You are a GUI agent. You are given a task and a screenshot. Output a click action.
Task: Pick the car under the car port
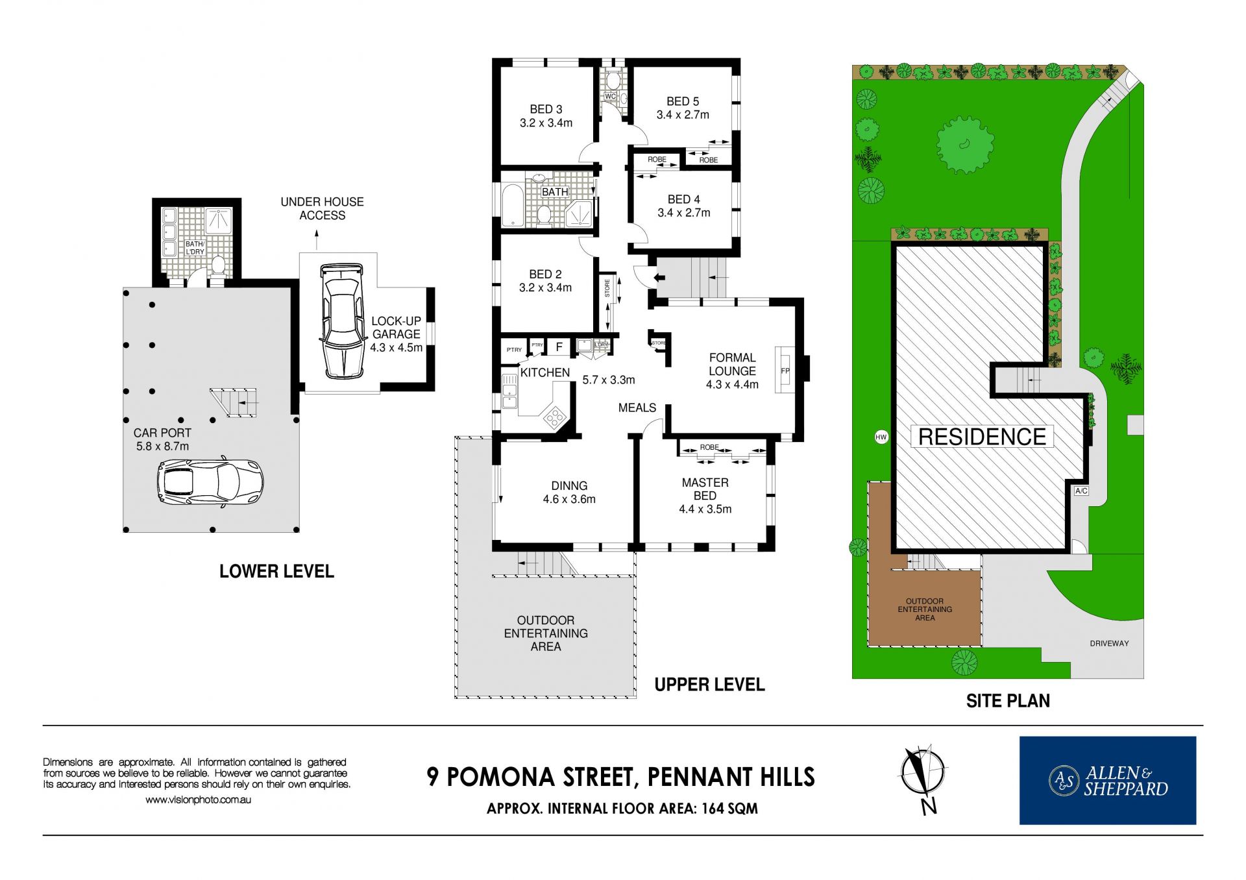[x=210, y=482]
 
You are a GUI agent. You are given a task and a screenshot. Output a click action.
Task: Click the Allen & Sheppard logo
[x=1107, y=780]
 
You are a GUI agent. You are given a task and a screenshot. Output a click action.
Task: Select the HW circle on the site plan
[x=881, y=437]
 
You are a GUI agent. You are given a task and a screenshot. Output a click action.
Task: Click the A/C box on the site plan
[x=1081, y=491]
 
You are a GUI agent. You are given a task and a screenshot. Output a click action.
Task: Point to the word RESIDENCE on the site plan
[x=982, y=437]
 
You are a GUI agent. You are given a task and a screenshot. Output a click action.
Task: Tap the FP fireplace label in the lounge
[x=785, y=371]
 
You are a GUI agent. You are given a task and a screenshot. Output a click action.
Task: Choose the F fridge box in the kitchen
[x=559, y=347]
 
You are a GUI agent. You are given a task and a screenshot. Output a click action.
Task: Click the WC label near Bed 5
[x=610, y=97]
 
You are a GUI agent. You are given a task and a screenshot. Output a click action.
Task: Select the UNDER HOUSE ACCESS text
[x=322, y=208]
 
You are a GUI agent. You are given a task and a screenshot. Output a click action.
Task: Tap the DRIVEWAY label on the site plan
[x=1109, y=644]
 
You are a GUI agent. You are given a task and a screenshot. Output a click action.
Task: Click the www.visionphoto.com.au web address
[x=198, y=800]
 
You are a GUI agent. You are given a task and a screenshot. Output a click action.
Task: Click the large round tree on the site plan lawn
[x=965, y=145]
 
